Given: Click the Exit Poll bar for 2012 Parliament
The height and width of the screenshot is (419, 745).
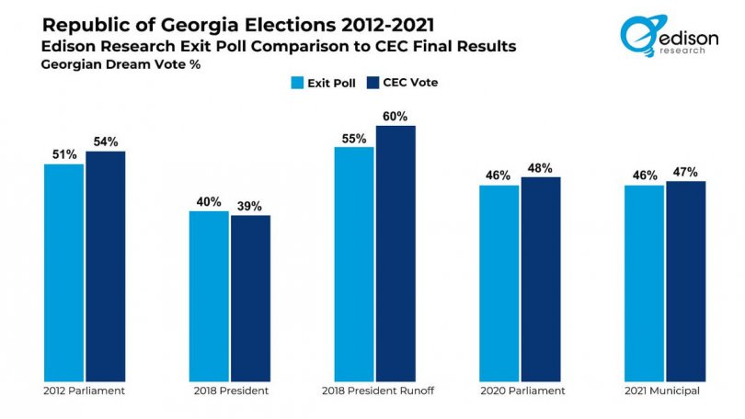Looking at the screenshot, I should point(63,271).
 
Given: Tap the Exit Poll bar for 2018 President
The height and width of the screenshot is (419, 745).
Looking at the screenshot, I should point(209,295).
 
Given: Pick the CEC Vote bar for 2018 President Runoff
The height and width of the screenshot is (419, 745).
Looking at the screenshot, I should point(395,252).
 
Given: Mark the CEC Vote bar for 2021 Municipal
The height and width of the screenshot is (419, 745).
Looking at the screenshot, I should point(685,280).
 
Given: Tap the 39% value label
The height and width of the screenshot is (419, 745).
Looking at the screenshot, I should point(250,205).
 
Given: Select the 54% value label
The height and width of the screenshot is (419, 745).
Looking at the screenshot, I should point(105,142).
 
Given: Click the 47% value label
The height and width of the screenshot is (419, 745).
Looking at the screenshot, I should point(685,172).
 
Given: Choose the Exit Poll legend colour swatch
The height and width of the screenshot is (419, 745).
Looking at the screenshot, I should point(297,83).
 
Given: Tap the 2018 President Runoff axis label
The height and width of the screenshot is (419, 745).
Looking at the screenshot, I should point(375,391).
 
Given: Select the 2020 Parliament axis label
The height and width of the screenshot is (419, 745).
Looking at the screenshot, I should point(520,391).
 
